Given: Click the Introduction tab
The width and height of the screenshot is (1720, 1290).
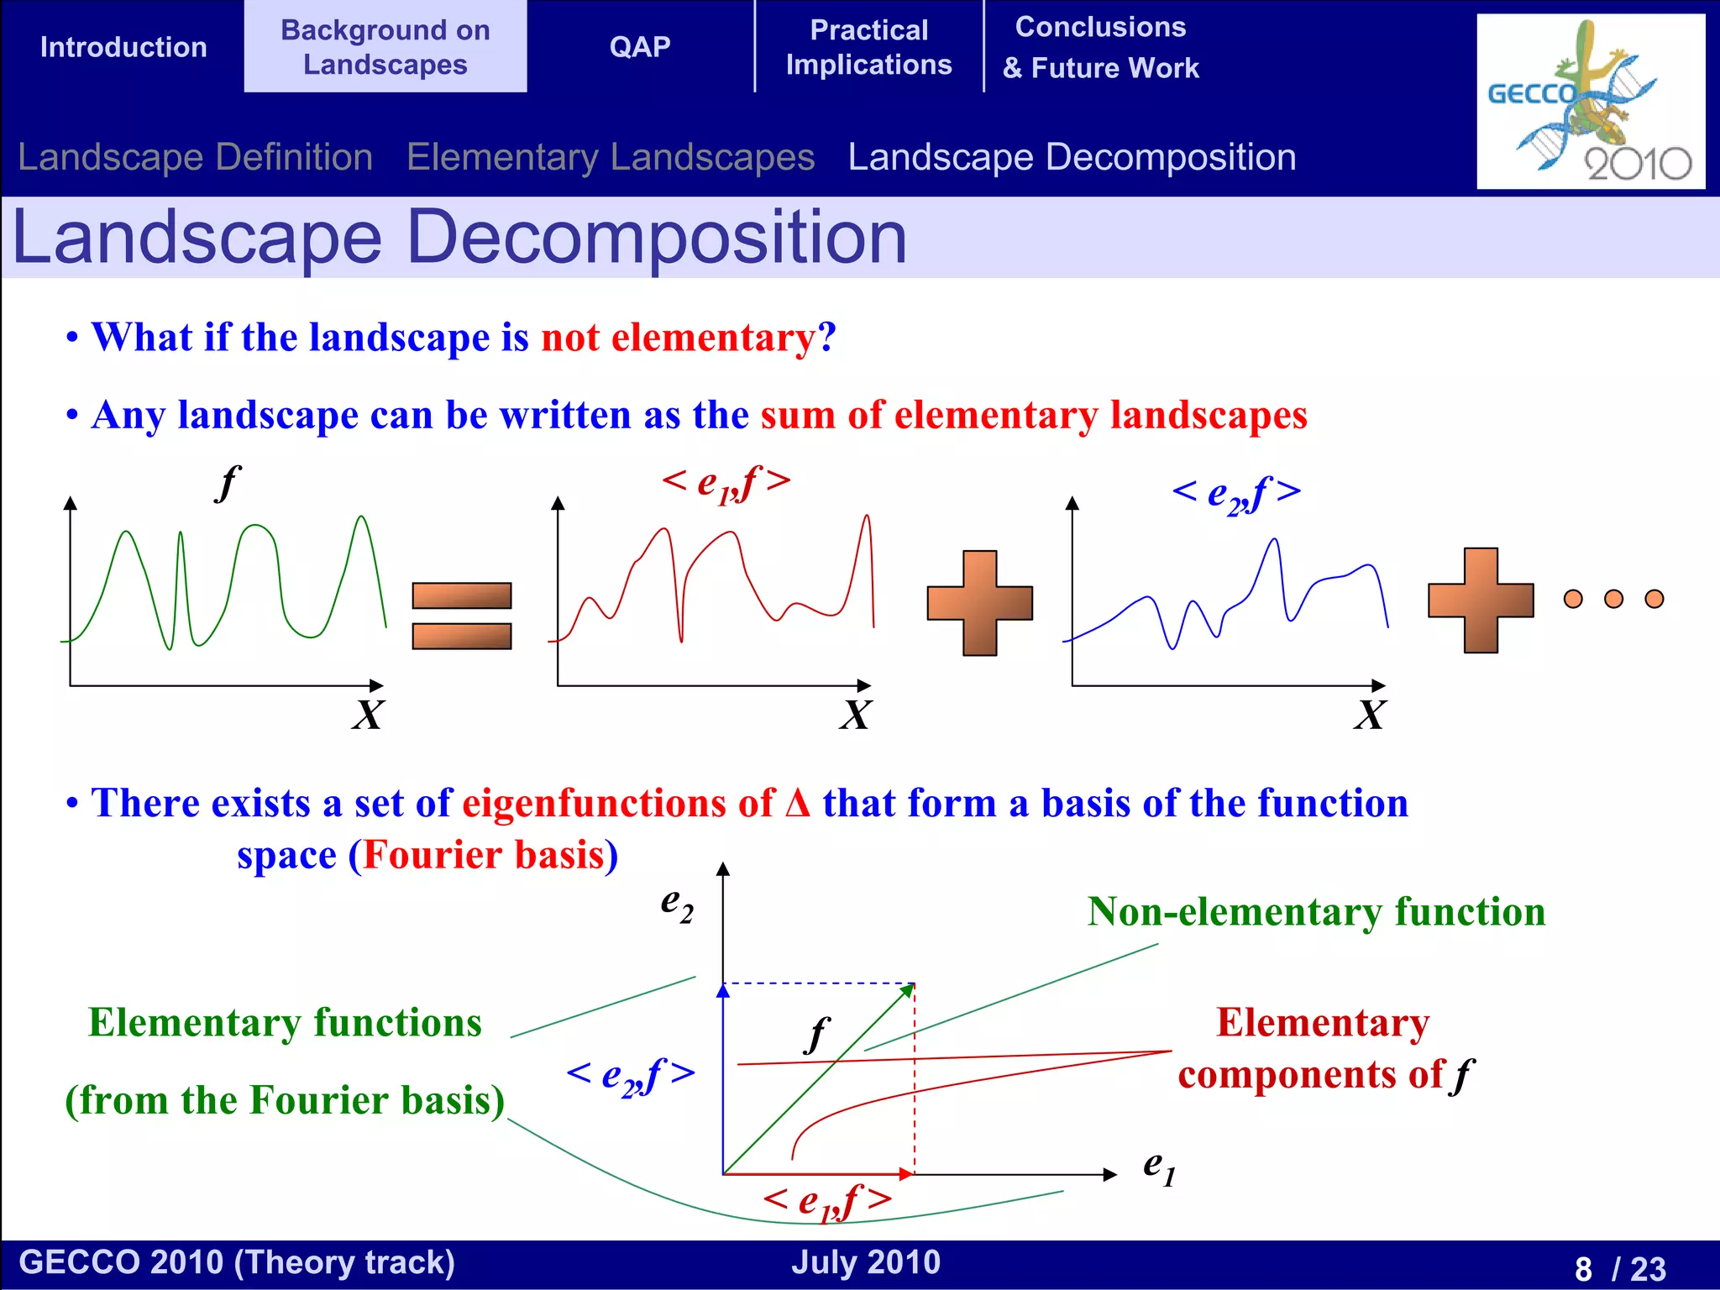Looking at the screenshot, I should [x=123, y=47].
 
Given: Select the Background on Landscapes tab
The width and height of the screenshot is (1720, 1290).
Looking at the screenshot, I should [x=385, y=47].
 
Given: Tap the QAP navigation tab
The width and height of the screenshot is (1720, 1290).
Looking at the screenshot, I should [x=640, y=47].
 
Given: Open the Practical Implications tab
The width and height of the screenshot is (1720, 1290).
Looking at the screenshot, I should [x=868, y=47].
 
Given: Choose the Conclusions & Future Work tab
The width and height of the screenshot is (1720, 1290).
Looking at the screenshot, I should [x=1100, y=47].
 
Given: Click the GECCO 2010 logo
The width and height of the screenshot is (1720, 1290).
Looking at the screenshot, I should [x=1590, y=101].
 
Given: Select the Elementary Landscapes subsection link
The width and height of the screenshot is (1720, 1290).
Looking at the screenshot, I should [x=611, y=157].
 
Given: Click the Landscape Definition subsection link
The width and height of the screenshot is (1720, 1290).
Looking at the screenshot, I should [x=195, y=157].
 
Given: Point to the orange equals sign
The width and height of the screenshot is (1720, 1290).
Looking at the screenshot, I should [x=461, y=616].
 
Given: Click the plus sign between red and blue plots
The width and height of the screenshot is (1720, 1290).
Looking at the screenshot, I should [x=979, y=603].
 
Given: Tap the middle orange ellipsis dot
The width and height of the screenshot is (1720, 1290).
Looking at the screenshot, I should [x=1613, y=599].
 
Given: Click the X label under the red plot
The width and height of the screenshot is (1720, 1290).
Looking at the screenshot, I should [x=855, y=716].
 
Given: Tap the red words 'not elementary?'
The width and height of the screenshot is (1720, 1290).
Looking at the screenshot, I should [x=688, y=338].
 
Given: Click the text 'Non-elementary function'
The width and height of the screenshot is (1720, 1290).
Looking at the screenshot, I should [x=1316, y=912].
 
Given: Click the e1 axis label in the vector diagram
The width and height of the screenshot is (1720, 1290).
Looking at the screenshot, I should [x=1158, y=1167].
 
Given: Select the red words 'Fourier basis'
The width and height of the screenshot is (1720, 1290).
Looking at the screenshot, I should [x=483, y=855].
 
